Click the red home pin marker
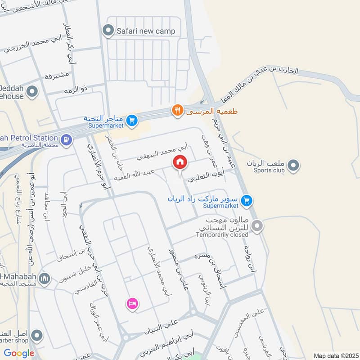point(180,162)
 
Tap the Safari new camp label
point(145,31)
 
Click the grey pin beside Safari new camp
point(108,31)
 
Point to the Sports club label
point(269,171)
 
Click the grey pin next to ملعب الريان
point(294,166)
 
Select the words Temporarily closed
point(222,234)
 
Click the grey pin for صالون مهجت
point(257,226)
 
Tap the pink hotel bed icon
point(132,303)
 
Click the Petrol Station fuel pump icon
point(66,139)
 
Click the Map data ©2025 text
point(335,355)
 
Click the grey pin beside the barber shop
point(37,335)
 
